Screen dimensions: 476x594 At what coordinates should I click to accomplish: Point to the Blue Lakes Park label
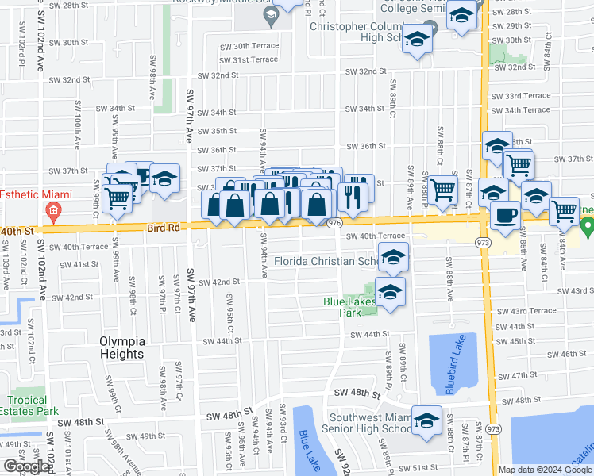pyautogui.click(x=348, y=306)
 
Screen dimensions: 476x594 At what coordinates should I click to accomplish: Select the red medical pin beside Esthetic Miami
pyautogui.click(x=53, y=211)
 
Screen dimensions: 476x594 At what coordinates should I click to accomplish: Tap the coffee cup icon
pyautogui.click(x=505, y=215)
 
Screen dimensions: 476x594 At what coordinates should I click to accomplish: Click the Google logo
pyautogui.click(x=25, y=466)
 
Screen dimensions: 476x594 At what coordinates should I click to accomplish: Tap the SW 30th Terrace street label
pyautogui.click(x=249, y=46)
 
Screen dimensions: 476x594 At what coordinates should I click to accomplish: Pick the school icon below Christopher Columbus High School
pyautogui.click(x=416, y=40)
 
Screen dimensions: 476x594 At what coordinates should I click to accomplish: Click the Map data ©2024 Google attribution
pyautogui.click(x=545, y=470)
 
